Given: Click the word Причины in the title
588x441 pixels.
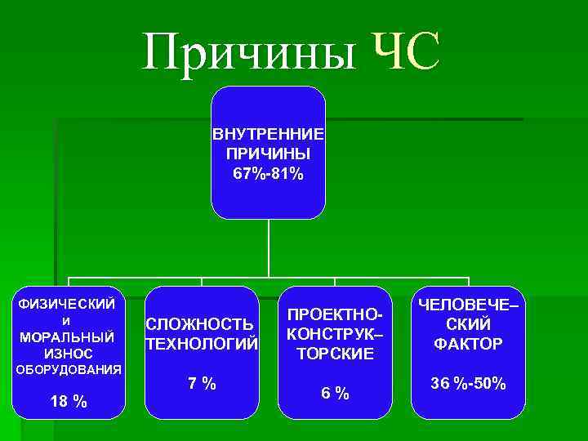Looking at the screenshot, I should coord(249,53).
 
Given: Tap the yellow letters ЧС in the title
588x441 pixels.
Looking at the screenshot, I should coord(406,53).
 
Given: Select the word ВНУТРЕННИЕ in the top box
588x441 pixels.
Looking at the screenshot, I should coord(268,133).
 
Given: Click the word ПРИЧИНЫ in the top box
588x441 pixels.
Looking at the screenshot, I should coord(268,153).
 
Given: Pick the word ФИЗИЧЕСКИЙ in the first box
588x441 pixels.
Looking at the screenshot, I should coord(67,304).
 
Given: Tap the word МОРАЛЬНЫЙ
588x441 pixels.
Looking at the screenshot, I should coord(67,336).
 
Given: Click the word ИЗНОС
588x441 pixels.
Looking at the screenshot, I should coord(67,353).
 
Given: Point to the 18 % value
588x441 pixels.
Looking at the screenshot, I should coord(69,401).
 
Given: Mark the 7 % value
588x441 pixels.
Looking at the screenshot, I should coord(200,384).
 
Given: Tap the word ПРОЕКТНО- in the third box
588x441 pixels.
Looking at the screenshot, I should coord(335,316).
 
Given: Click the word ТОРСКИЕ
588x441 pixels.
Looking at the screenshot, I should coord(335,353).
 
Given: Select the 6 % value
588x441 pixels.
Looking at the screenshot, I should coord(335,393).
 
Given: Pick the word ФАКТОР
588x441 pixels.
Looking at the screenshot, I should coord(468,343).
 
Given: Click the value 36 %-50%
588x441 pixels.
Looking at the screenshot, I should coord(468,383).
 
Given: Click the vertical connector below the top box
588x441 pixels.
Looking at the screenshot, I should coord(269,249).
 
